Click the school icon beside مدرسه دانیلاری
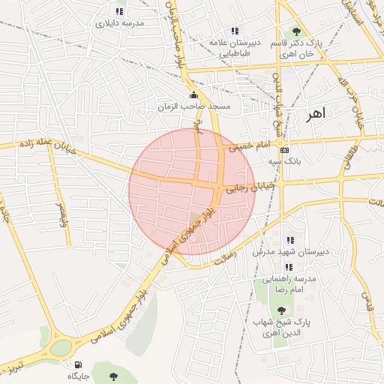118,11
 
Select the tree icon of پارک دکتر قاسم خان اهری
297,31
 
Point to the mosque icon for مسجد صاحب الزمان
196,95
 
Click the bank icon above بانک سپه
284,150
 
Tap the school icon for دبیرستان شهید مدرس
289,241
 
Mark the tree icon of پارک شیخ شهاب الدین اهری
281,310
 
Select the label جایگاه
79,375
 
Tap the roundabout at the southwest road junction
60,349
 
